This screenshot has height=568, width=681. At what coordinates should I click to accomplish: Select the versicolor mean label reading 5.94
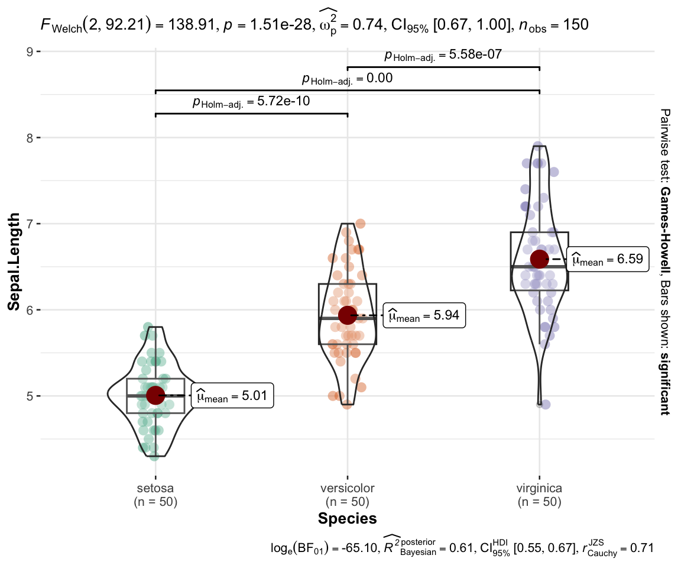pos(424,317)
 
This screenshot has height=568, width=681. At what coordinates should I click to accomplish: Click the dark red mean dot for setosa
pos(155,395)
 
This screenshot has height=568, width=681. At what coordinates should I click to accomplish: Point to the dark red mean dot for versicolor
pos(347,315)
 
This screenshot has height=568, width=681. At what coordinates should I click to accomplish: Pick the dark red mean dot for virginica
pos(539,259)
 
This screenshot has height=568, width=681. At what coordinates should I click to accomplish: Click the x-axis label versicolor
pos(347,489)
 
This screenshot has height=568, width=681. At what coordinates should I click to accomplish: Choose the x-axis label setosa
pos(155,489)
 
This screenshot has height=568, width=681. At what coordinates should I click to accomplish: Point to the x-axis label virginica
pos(539,489)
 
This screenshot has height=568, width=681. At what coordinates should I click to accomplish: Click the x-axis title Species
pos(347,519)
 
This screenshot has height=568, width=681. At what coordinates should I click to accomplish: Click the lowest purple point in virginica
pos(545,405)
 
